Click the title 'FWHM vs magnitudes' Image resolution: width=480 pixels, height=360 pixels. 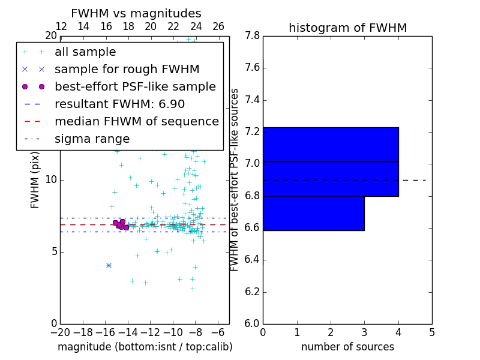[136, 13]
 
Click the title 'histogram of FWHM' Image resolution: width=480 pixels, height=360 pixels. [347, 28]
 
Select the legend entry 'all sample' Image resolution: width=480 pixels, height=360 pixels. [85, 52]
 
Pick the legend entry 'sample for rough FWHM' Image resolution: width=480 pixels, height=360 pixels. [127, 70]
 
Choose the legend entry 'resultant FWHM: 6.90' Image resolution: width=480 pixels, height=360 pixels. [119, 104]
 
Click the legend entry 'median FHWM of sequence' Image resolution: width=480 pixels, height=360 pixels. [136, 122]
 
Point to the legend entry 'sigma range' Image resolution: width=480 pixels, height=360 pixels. [92, 139]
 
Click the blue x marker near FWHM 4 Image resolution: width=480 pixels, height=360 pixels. [109, 265]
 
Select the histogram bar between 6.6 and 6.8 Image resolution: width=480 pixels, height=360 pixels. [313, 213]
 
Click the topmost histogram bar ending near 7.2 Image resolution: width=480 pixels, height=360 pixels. [331, 145]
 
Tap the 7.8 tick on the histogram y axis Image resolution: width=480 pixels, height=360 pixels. [252, 36]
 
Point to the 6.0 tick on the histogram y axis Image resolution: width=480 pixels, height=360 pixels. [252, 323]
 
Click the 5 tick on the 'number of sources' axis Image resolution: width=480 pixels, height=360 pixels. [432, 332]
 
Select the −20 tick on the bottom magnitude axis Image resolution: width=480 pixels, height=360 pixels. [60, 332]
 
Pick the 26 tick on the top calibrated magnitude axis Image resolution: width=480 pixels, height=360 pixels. [218, 26]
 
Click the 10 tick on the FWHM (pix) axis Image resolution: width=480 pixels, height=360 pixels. [50, 180]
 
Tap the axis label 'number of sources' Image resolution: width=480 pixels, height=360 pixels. [347, 347]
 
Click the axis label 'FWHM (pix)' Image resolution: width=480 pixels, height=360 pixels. [35, 180]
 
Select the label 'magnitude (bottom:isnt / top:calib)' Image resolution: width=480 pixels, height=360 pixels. [145, 347]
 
